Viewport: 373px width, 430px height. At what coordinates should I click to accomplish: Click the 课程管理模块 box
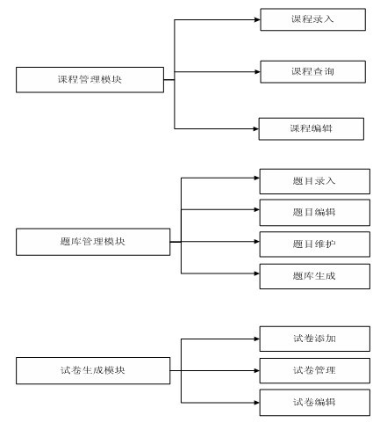click(x=90, y=80)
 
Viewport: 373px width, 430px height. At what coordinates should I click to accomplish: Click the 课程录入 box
click(x=312, y=18)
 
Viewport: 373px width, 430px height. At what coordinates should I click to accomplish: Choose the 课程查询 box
click(x=312, y=70)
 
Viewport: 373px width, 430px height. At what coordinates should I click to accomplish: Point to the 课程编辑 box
click(x=312, y=128)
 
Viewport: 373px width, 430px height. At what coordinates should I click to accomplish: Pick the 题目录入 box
click(x=314, y=180)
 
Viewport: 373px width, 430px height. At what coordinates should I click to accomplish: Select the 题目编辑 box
click(x=314, y=211)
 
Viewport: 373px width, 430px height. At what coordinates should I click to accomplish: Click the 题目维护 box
click(x=314, y=243)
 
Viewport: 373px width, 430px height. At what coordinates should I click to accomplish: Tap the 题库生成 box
click(x=314, y=275)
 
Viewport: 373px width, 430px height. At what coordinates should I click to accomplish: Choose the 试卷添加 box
click(x=314, y=338)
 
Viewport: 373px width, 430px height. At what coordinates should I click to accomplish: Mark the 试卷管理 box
click(x=314, y=369)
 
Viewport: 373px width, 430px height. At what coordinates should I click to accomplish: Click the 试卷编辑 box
click(x=314, y=402)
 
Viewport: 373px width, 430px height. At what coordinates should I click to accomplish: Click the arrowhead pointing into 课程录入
click(x=256, y=18)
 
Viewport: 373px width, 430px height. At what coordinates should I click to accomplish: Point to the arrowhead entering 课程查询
click(x=256, y=70)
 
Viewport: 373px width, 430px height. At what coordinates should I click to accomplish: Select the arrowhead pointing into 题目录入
click(x=255, y=179)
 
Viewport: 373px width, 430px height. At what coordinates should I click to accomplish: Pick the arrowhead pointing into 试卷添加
click(x=255, y=338)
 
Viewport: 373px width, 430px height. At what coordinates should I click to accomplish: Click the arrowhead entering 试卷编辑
click(x=255, y=402)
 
